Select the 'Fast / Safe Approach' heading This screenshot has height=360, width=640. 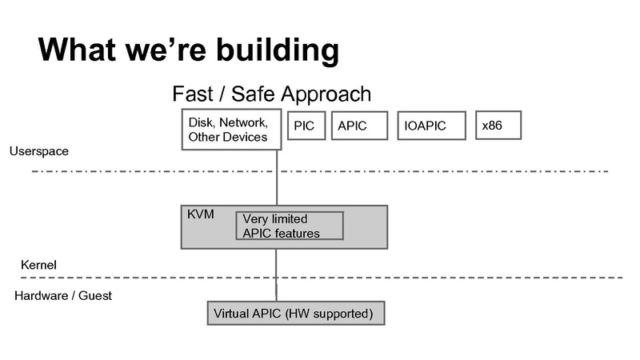pos(272,94)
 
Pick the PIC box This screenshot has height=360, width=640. pos(305,126)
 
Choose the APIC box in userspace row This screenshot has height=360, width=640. pos(358,126)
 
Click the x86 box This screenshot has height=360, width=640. pos(498,125)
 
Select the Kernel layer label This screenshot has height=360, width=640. pos(38,265)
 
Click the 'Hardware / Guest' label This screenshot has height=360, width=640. pos(63,295)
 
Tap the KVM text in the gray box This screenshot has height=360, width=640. pos(199,215)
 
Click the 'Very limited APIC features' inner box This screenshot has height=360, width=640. pos(289,226)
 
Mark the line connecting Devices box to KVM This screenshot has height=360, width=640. pos(277,178)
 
